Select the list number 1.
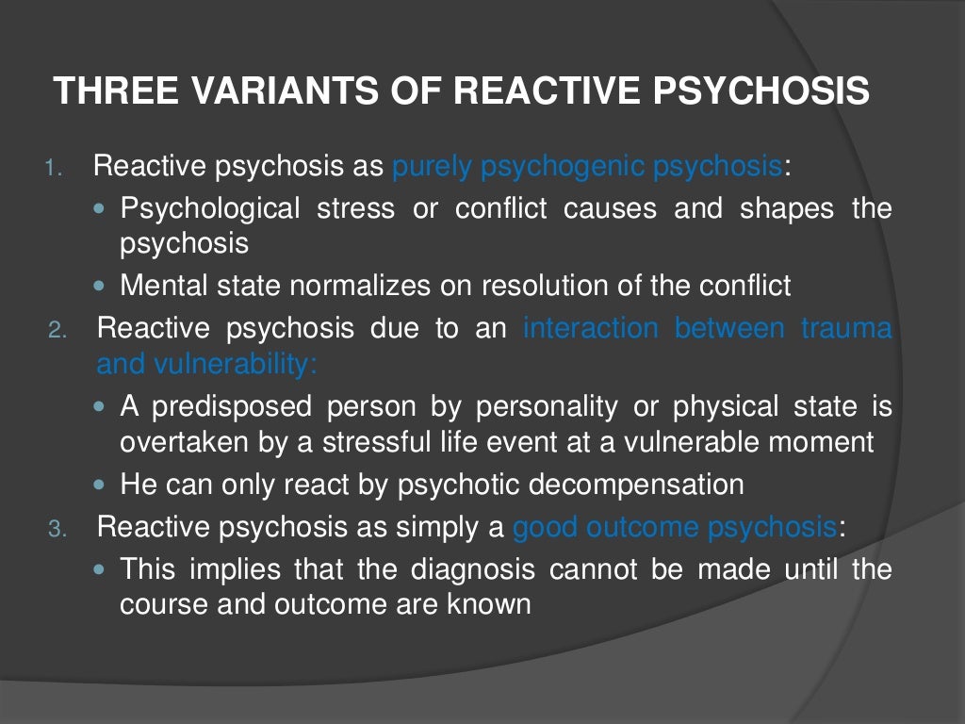55,171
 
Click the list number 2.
57,331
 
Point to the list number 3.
57,529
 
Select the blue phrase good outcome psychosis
675,527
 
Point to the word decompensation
636,485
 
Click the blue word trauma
845,329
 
